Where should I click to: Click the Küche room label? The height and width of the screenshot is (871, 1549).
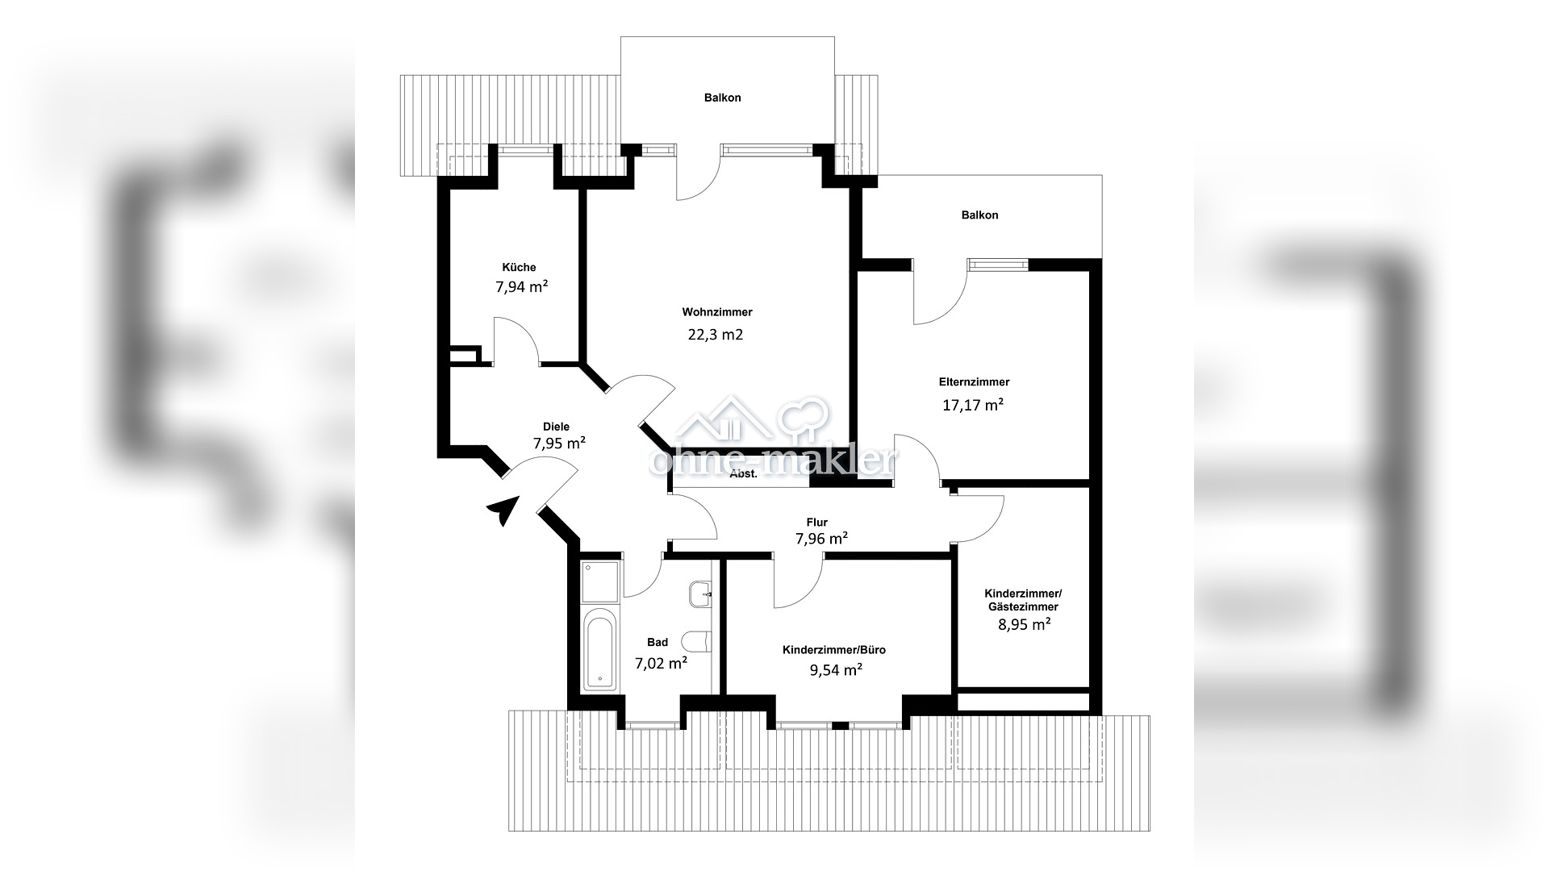tap(519, 268)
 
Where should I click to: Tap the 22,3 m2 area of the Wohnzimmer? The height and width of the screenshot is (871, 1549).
tap(715, 335)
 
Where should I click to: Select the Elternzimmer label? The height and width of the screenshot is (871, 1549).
tap(974, 382)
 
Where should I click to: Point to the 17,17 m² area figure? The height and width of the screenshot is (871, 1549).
tap(973, 405)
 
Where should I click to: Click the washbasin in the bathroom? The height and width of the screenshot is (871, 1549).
tap(701, 594)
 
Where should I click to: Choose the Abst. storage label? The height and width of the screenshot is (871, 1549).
tap(743, 474)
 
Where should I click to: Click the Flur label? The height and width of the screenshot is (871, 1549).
tap(816, 523)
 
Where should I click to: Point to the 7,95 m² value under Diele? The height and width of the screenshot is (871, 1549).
tap(559, 443)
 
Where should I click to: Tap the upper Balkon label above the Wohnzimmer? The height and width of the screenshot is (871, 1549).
tap(722, 98)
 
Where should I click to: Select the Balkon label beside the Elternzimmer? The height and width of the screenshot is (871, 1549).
tap(979, 215)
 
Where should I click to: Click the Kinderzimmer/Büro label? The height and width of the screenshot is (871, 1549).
tap(834, 650)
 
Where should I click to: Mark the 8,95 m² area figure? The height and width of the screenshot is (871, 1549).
tap(1022, 624)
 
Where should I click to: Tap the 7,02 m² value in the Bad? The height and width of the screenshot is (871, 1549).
tap(661, 664)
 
